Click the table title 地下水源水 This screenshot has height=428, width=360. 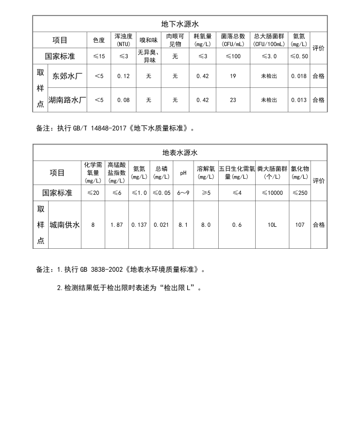pos(180,24)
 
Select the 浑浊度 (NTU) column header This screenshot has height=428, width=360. pos(124,40)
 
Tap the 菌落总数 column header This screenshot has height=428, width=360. pos(233,40)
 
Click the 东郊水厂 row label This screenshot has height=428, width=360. pos(67,76)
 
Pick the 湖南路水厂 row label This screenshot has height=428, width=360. pos(67,100)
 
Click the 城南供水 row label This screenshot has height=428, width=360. pos(65,225)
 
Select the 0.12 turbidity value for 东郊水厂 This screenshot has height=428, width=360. pos(124,76)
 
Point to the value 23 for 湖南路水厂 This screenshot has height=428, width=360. pos(233,100)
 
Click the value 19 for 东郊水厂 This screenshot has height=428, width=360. pos(233,76)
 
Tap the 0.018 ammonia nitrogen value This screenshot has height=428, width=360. pos(299,76)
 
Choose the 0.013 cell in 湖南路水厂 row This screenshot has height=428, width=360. pos(299,100)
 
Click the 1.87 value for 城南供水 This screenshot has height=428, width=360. pos(117,225)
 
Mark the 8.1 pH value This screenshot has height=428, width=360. pos(183,225)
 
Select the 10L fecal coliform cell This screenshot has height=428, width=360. pos(272,225)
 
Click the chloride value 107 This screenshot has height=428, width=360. pos(300,225)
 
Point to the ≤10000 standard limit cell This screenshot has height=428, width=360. pos(272,193)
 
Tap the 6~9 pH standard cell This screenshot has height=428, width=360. pos(183,193)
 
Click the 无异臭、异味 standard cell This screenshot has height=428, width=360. pos(149,56)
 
